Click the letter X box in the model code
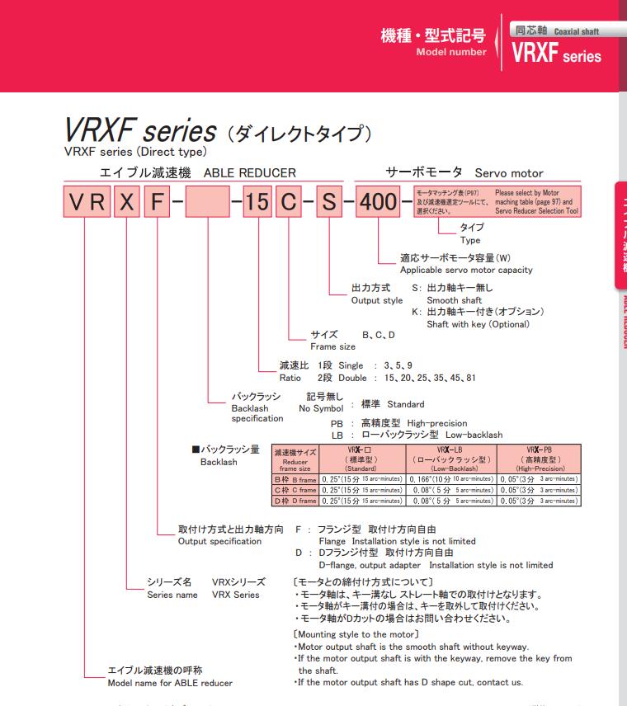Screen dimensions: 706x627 125,203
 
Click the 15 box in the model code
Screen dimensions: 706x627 258,203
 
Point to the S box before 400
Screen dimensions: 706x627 329,203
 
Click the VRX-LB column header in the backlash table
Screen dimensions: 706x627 450,457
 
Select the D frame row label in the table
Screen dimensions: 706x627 295,501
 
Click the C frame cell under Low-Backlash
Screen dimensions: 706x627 450,489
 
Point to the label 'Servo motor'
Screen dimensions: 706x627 509,174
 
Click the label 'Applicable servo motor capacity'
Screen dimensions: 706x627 466,270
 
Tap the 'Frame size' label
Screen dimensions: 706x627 332,347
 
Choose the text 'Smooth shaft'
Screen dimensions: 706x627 454,300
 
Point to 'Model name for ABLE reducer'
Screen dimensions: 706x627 170,683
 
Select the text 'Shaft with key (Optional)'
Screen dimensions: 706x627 478,324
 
